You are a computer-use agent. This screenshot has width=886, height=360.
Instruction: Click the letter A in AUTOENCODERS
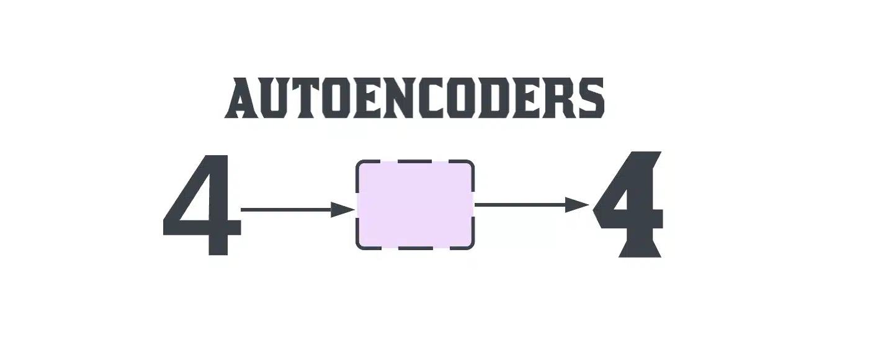click(243, 98)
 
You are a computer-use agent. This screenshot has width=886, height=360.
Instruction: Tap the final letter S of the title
click(592, 98)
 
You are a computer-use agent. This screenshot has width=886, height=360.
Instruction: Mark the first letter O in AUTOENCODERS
click(338, 98)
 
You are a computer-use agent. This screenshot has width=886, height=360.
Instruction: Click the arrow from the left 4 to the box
click(297, 210)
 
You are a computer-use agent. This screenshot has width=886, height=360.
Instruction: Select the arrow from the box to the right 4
click(532, 205)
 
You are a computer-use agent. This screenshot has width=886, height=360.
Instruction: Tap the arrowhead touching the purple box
click(342, 210)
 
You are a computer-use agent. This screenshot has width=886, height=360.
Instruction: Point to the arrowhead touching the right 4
click(578, 205)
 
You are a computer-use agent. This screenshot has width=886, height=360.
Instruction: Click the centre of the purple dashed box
click(415, 205)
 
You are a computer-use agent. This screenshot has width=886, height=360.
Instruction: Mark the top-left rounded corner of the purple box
click(359, 163)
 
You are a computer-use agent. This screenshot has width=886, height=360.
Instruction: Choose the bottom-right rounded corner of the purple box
click(472, 247)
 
